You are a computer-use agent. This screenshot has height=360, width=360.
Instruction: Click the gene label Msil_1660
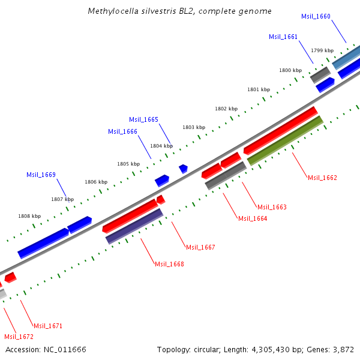point(316,16)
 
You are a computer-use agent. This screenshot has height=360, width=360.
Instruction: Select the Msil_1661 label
point(283,37)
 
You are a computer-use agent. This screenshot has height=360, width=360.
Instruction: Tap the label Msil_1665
point(144,119)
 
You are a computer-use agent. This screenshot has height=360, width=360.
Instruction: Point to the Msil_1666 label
point(122,131)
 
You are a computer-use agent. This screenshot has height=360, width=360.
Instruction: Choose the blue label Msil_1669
point(41,175)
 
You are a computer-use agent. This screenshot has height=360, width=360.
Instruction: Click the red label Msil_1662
point(322,178)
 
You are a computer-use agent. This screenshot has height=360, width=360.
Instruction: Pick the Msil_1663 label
point(272,207)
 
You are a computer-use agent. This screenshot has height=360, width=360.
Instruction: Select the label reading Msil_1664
point(253,218)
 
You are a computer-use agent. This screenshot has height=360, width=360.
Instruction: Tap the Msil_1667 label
point(200,247)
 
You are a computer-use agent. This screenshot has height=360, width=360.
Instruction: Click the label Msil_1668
point(169,264)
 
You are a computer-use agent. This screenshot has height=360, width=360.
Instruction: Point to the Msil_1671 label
point(48,326)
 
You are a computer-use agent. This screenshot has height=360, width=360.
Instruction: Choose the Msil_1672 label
point(19,337)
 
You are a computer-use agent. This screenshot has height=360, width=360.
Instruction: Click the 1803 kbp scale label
point(194,127)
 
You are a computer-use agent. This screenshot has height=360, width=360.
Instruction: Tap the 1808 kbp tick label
point(29,216)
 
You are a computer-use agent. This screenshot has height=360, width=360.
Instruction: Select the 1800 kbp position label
point(290,70)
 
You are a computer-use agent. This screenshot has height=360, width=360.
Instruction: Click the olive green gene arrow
point(285,140)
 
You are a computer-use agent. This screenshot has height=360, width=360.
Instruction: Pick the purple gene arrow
point(134,226)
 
